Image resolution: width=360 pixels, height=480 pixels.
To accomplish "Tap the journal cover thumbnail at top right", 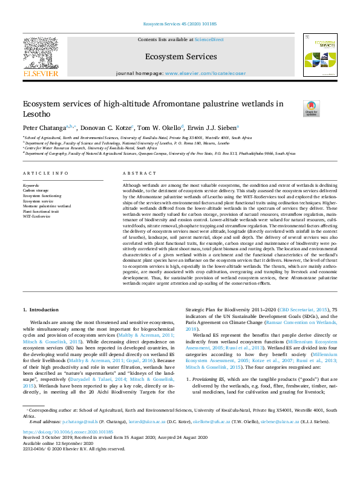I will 319,55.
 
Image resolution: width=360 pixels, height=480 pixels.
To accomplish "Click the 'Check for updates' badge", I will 312,108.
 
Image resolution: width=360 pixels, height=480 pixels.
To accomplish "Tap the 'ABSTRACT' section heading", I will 136,173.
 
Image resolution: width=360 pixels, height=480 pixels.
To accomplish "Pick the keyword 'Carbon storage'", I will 36,190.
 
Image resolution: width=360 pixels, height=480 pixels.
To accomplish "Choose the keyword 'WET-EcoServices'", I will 37,216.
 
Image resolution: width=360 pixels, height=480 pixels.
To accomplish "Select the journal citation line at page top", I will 180,24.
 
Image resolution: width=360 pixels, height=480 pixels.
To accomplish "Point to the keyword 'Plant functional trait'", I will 41,211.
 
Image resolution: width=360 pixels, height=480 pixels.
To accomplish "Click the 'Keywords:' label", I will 31,185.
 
